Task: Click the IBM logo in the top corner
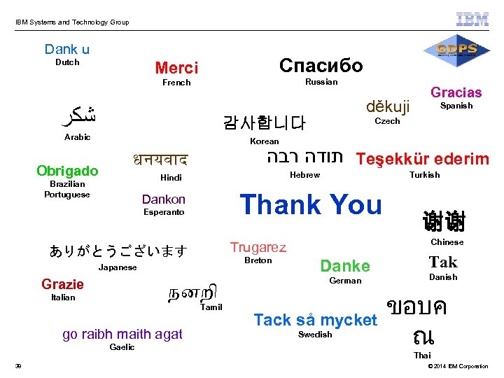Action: click(472, 19)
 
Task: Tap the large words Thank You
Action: click(311, 204)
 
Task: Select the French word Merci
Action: click(176, 68)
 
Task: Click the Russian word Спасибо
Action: click(321, 65)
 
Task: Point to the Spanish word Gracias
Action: click(456, 92)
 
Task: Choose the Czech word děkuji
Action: click(387, 107)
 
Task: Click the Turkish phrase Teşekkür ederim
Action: click(422, 159)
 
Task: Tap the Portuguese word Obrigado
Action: click(67, 171)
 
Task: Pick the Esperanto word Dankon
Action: click(164, 199)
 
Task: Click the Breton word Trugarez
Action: click(258, 247)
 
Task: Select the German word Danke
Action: click(344, 265)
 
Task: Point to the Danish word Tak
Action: click(443, 262)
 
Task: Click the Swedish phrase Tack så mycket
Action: click(315, 320)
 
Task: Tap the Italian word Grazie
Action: click(62, 284)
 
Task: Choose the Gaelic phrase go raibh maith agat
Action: click(122, 334)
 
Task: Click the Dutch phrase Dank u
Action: click(67, 49)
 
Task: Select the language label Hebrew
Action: click(304, 175)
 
